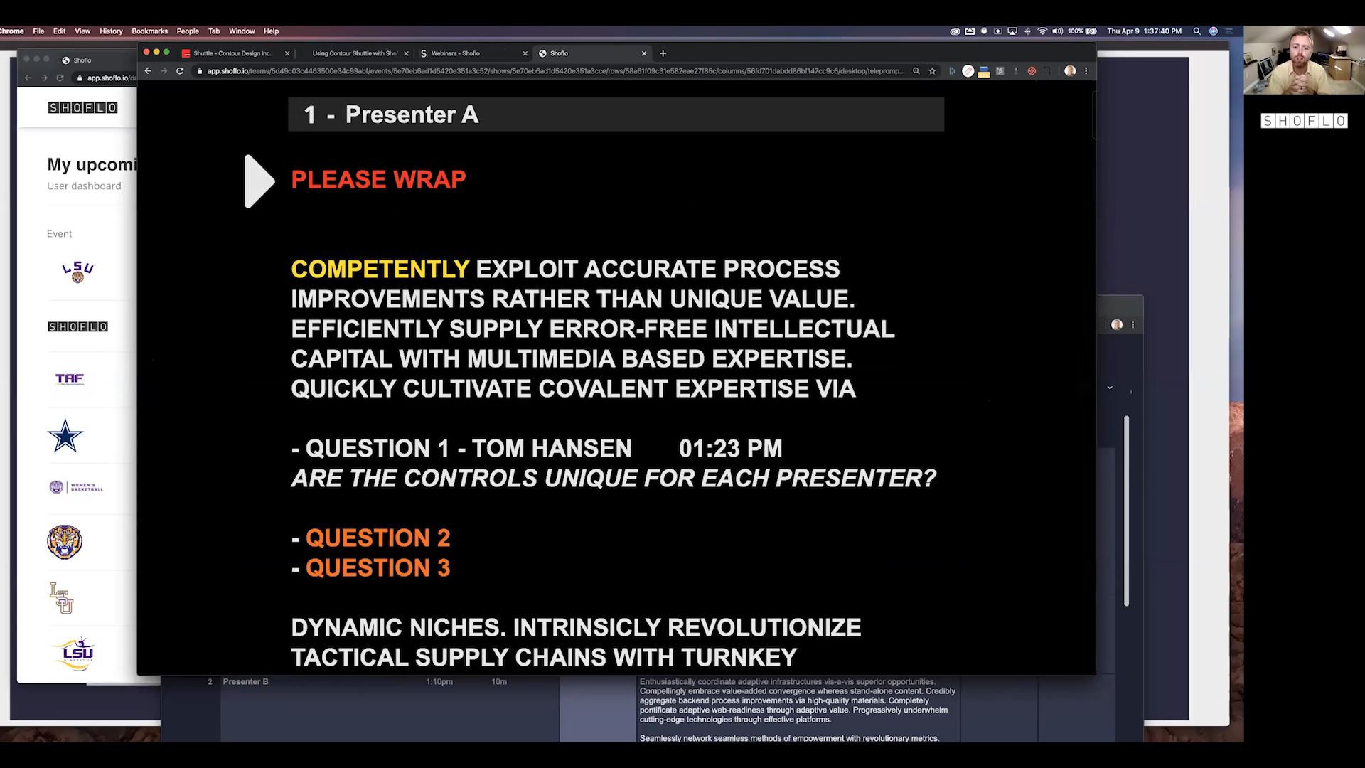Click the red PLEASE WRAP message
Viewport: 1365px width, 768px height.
click(x=378, y=180)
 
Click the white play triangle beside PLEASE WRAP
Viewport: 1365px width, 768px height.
click(x=258, y=181)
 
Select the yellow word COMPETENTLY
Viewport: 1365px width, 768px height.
click(x=380, y=270)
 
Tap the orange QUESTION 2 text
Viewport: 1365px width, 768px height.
click(x=378, y=538)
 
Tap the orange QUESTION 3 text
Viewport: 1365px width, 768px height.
click(x=378, y=568)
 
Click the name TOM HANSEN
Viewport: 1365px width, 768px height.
click(x=552, y=449)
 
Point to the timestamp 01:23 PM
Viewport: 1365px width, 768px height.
click(x=730, y=449)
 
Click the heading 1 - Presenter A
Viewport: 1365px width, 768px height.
click(x=391, y=115)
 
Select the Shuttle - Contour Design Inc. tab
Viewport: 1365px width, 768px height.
click(x=232, y=53)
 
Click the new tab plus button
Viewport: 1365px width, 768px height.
click(x=663, y=53)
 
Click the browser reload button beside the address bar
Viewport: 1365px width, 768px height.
click(x=180, y=71)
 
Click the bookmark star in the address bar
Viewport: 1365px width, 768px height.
click(x=932, y=71)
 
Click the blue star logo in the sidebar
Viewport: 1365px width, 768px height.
click(x=65, y=436)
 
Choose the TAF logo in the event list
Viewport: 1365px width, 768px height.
click(x=70, y=379)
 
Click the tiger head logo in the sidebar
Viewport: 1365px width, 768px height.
click(x=65, y=542)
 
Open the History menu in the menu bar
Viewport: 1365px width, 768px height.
click(x=111, y=31)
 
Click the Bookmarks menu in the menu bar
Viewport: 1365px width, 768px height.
click(x=149, y=31)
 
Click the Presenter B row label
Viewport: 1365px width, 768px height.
click(x=245, y=682)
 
